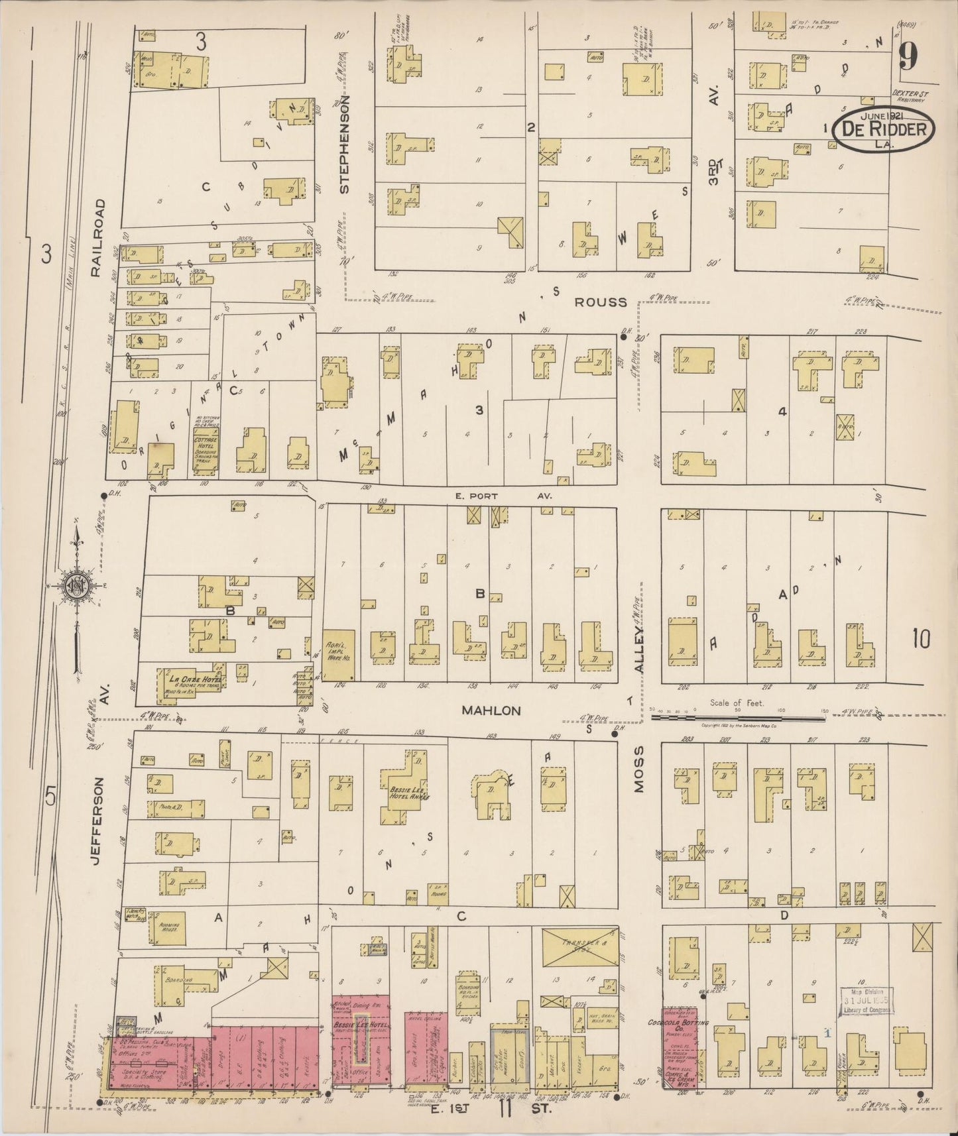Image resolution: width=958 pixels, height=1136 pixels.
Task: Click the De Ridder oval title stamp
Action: coord(884,129)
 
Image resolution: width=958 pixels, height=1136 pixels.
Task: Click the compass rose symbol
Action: coord(76,585)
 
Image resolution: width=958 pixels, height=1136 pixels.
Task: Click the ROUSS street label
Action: coord(600,302)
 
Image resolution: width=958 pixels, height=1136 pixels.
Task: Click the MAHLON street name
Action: coord(491,710)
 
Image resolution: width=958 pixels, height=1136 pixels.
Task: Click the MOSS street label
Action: coord(639,775)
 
